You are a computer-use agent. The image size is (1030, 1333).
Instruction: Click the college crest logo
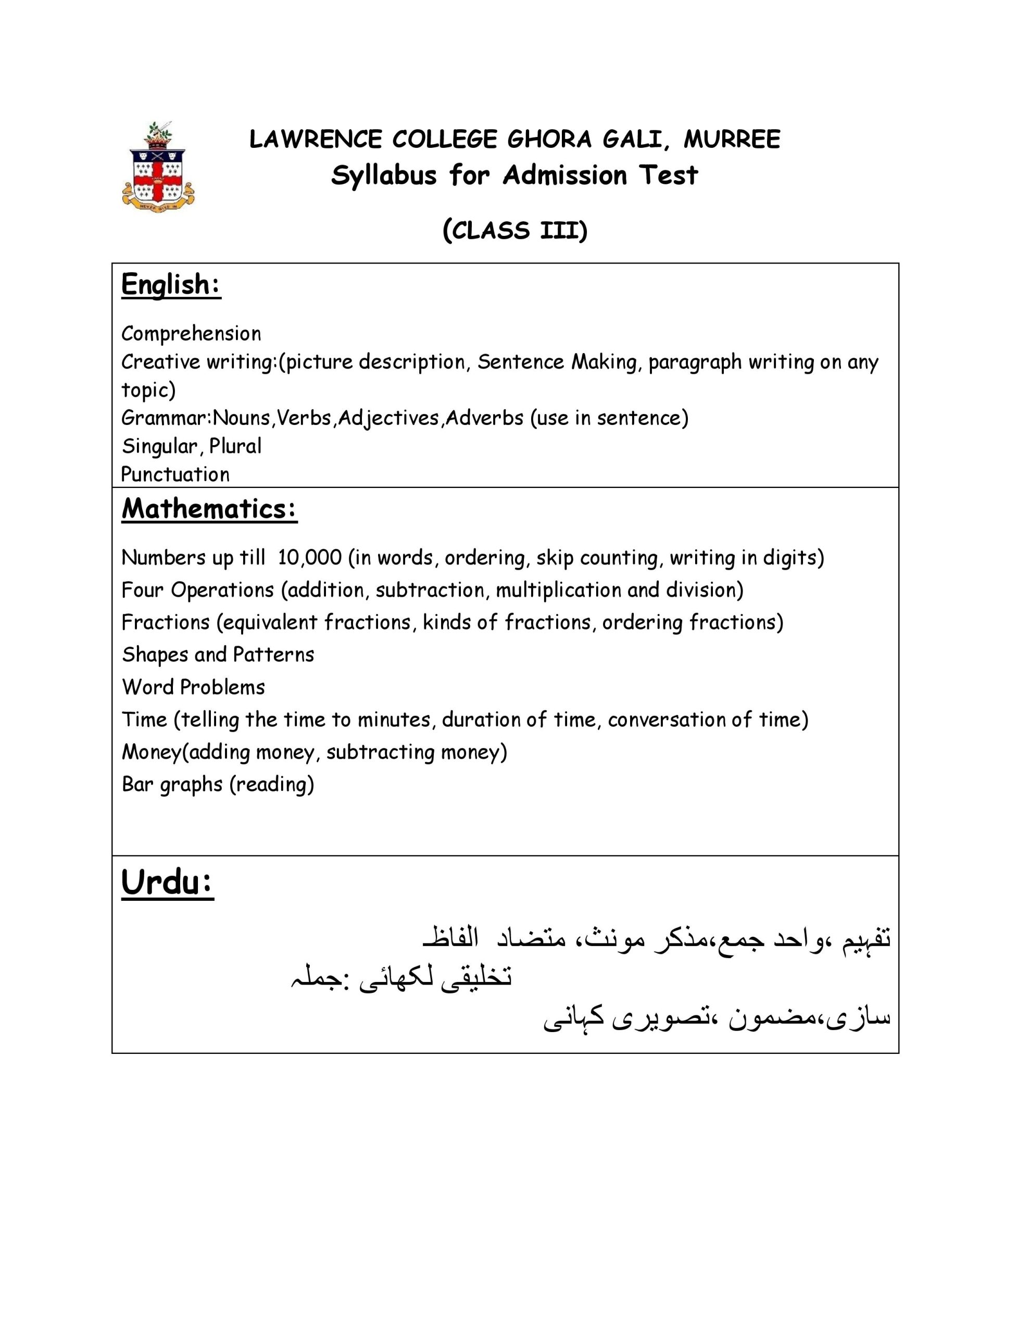(158, 166)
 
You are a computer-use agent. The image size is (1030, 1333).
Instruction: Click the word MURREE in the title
(732, 139)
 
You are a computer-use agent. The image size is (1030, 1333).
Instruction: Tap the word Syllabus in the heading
(384, 176)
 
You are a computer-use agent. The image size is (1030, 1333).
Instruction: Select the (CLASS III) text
(514, 231)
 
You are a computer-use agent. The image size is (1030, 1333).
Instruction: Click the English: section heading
(171, 284)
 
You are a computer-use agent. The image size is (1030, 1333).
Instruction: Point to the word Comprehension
(191, 334)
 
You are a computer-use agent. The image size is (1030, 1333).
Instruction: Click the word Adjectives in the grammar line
(388, 418)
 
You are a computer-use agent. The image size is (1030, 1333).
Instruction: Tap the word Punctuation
(175, 474)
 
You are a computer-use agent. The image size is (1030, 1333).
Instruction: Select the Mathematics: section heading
(209, 508)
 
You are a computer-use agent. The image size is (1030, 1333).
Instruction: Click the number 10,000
(309, 558)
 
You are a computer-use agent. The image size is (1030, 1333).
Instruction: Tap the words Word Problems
(194, 687)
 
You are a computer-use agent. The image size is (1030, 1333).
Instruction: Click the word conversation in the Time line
(669, 720)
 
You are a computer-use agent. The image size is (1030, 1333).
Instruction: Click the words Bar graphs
(172, 784)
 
